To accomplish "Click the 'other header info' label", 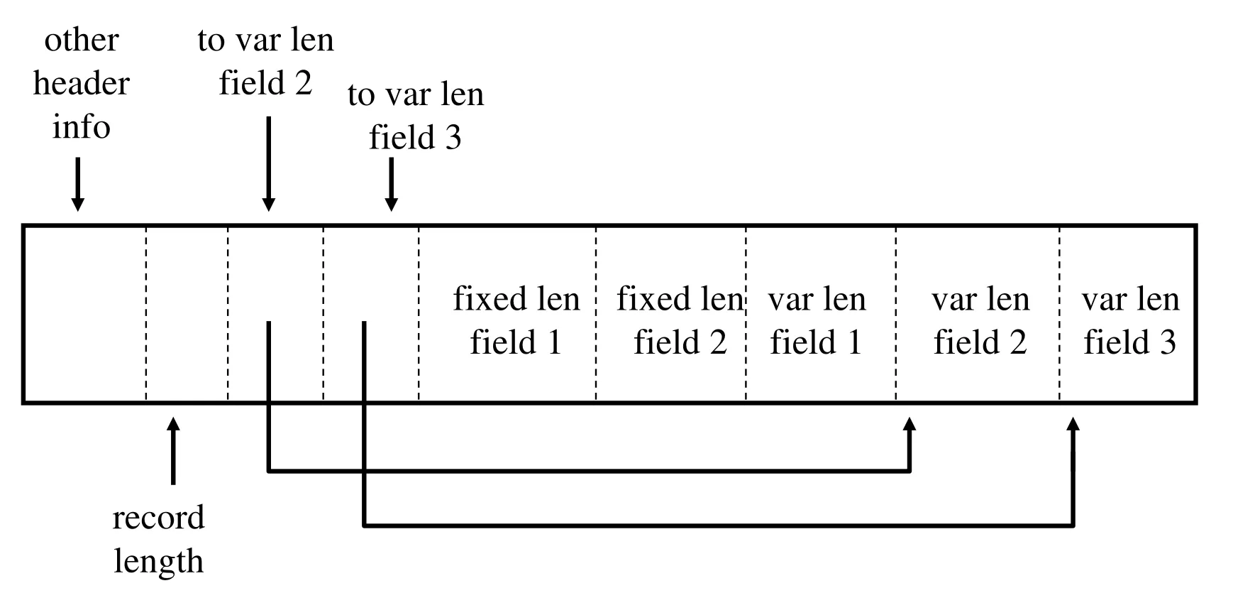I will (x=81, y=83).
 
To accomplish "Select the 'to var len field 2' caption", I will (x=265, y=61).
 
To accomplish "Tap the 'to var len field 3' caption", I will (x=416, y=116).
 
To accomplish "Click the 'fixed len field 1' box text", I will (x=516, y=320).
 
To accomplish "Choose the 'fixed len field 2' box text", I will (x=680, y=320).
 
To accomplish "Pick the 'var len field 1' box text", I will (x=817, y=320).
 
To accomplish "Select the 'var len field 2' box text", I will (x=980, y=320).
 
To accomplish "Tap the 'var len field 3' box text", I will (x=1130, y=320).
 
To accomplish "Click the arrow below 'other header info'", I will (x=78, y=185).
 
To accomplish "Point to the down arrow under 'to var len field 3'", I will (x=391, y=185).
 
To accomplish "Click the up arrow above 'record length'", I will (x=173, y=450).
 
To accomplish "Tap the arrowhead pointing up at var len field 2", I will (x=909, y=424).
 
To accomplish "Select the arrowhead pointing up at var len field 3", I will (x=1073, y=424).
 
